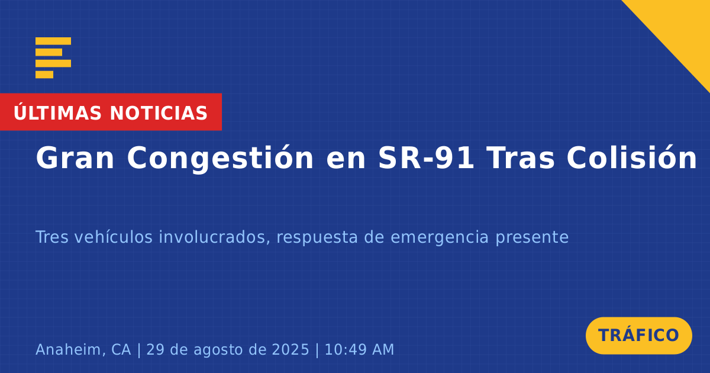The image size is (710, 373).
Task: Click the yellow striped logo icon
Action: [x=53, y=58]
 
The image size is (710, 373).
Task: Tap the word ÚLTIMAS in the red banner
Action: [x=57, y=112]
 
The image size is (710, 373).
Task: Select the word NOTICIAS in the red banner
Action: [x=159, y=113]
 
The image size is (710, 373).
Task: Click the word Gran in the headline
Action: [x=75, y=158]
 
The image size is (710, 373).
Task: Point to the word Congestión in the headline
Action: [x=220, y=159]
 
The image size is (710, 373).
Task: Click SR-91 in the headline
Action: [x=427, y=158]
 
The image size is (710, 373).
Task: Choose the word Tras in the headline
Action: [x=521, y=158]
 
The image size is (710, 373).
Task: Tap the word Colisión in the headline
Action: [x=632, y=157]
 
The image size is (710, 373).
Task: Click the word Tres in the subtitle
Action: [x=52, y=237]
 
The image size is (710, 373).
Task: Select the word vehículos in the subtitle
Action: [x=114, y=237]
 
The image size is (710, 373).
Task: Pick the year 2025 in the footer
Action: [x=291, y=349]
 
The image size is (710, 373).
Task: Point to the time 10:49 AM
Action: [x=360, y=349]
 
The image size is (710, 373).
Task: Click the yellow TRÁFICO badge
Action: [x=638, y=336]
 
